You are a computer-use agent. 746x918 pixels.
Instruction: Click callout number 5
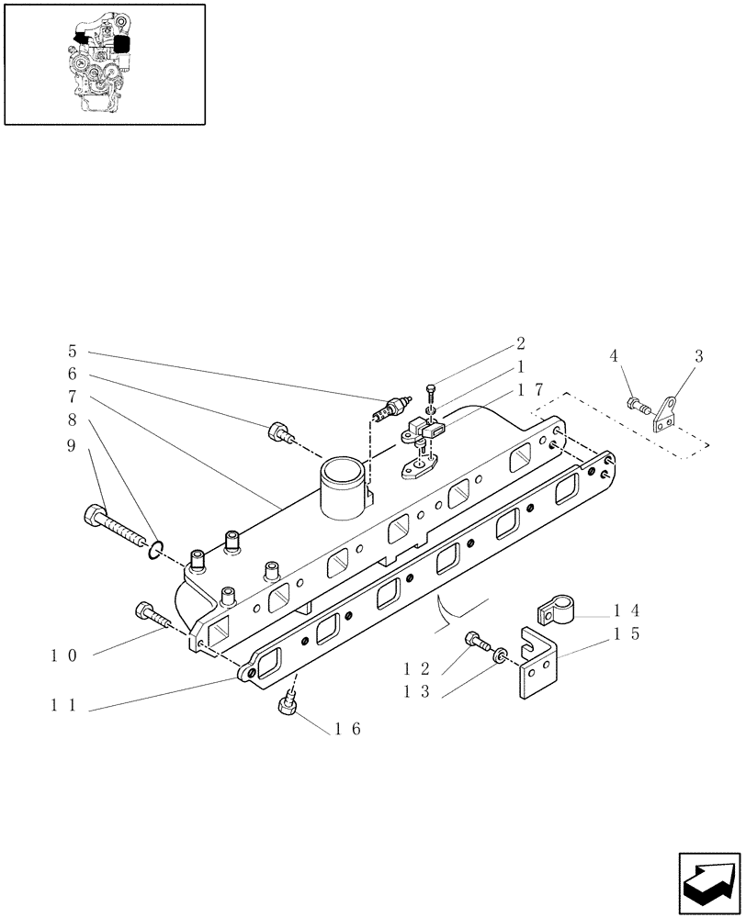73,351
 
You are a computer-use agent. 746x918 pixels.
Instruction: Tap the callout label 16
348,729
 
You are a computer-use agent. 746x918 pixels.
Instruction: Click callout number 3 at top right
698,356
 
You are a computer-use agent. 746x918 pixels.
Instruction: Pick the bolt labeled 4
637,402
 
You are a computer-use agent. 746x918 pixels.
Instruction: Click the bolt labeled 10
153,615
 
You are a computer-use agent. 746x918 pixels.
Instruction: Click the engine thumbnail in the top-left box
104,63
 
